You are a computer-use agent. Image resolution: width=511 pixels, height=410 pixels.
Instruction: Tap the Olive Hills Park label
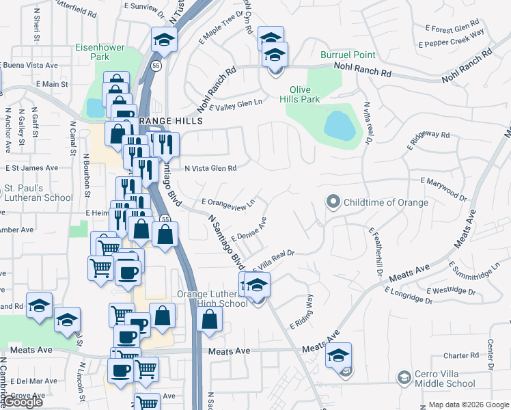click(305, 94)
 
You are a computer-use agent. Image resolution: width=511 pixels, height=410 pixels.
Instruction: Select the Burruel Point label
click(348, 54)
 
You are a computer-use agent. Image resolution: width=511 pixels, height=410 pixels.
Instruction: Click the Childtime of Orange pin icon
click(333, 202)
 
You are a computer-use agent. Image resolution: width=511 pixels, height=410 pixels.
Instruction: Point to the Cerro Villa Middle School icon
click(404, 378)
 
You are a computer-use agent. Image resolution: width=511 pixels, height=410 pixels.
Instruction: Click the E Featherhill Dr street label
click(375, 251)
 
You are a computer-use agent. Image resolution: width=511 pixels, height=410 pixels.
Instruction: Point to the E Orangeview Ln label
click(228, 202)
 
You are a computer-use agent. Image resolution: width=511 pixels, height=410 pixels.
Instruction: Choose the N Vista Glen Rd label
click(210, 168)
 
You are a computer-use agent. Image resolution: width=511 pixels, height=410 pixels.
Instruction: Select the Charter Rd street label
click(460, 355)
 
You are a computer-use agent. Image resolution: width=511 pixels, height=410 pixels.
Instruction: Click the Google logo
click(23, 402)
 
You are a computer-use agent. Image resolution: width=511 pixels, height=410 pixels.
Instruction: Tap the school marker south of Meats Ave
click(338, 355)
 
